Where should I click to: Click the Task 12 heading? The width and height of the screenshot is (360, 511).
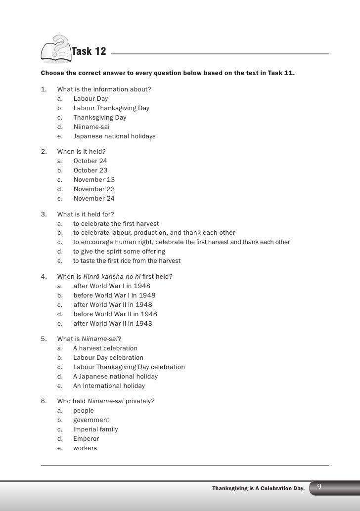coord(91,52)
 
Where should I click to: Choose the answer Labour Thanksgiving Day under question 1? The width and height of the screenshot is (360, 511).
coord(111,108)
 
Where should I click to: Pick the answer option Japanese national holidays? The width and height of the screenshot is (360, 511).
coord(114,136)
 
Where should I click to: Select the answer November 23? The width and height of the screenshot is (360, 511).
coord(94,189)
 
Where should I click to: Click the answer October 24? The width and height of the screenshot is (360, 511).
coord(90,161)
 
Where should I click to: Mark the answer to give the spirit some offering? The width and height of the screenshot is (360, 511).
coord(119,252)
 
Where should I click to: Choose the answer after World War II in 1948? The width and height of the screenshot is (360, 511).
coord(113,305)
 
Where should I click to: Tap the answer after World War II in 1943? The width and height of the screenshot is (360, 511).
coord(113,324)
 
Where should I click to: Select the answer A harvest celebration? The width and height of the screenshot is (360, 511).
coord(105,348)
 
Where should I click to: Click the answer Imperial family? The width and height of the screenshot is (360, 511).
coord(95,429)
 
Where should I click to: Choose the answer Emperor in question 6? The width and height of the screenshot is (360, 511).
coord(86,439)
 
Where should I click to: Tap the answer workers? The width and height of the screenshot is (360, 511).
coord(85,448)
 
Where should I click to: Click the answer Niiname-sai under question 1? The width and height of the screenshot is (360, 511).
coord(91,127)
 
